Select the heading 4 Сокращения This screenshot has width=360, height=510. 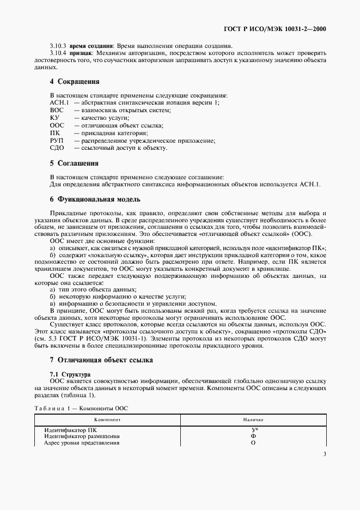74,82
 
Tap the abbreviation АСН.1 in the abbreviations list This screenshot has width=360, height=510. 58,102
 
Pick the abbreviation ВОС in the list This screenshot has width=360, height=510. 57,110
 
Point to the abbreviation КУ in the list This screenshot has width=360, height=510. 54,118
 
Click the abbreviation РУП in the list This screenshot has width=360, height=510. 57,141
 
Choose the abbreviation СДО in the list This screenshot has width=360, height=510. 57,148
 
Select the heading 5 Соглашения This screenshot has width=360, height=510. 74,163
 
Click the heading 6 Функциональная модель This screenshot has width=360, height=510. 95,199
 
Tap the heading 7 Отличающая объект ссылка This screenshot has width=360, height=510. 101,360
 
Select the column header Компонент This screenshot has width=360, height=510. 107,420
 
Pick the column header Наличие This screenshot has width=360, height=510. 253,420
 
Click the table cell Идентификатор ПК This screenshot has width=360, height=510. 70,430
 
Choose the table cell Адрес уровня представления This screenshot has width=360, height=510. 82,443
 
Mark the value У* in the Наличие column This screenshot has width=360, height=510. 253,430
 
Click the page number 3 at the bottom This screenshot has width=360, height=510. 325,454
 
